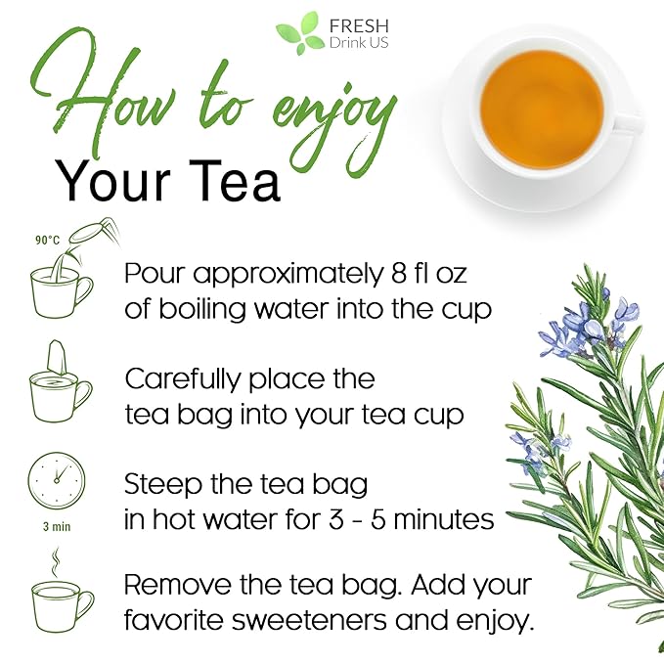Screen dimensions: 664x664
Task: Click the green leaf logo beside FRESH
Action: click(297, 34)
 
